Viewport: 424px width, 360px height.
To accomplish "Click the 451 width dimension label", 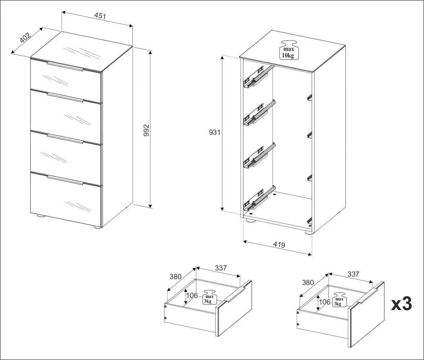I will tap(100, 16).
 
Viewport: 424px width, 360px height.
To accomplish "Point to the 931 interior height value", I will tap(215, 132).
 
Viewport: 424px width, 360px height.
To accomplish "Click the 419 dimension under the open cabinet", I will tap(279, 245).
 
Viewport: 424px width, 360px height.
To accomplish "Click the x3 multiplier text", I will tap(401, 304).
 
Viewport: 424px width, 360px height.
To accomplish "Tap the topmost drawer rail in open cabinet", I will tap(258, 77).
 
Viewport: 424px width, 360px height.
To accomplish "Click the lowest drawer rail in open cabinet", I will tap(258, 199).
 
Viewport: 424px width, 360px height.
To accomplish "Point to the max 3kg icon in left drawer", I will tap(208, 298).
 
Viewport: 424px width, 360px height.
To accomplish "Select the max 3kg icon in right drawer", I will tap(340, 299).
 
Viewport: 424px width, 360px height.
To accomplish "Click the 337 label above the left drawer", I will tap(221, 268).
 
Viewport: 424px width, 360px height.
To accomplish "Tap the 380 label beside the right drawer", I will tap(308, 282).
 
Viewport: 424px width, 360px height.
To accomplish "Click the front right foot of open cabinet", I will tap(309, 232).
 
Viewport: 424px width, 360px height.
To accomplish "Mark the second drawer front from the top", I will tap(66, 116).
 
